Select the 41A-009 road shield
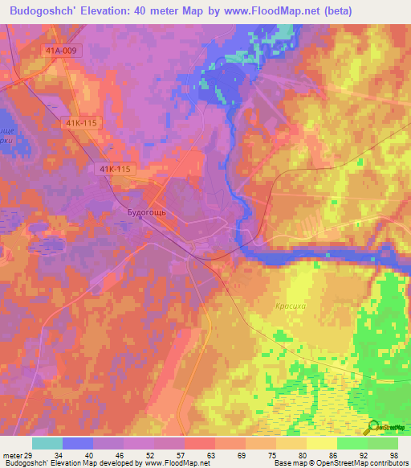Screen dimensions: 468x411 click(63, 50)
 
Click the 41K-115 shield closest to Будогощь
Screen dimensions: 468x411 click(117, 169)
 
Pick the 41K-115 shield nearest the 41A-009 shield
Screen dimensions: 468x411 click(79, 123)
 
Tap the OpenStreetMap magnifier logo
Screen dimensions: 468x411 click(374, 427)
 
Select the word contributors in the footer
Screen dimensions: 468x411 click(386, 463)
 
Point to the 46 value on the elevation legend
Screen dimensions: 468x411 click(118, 455)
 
